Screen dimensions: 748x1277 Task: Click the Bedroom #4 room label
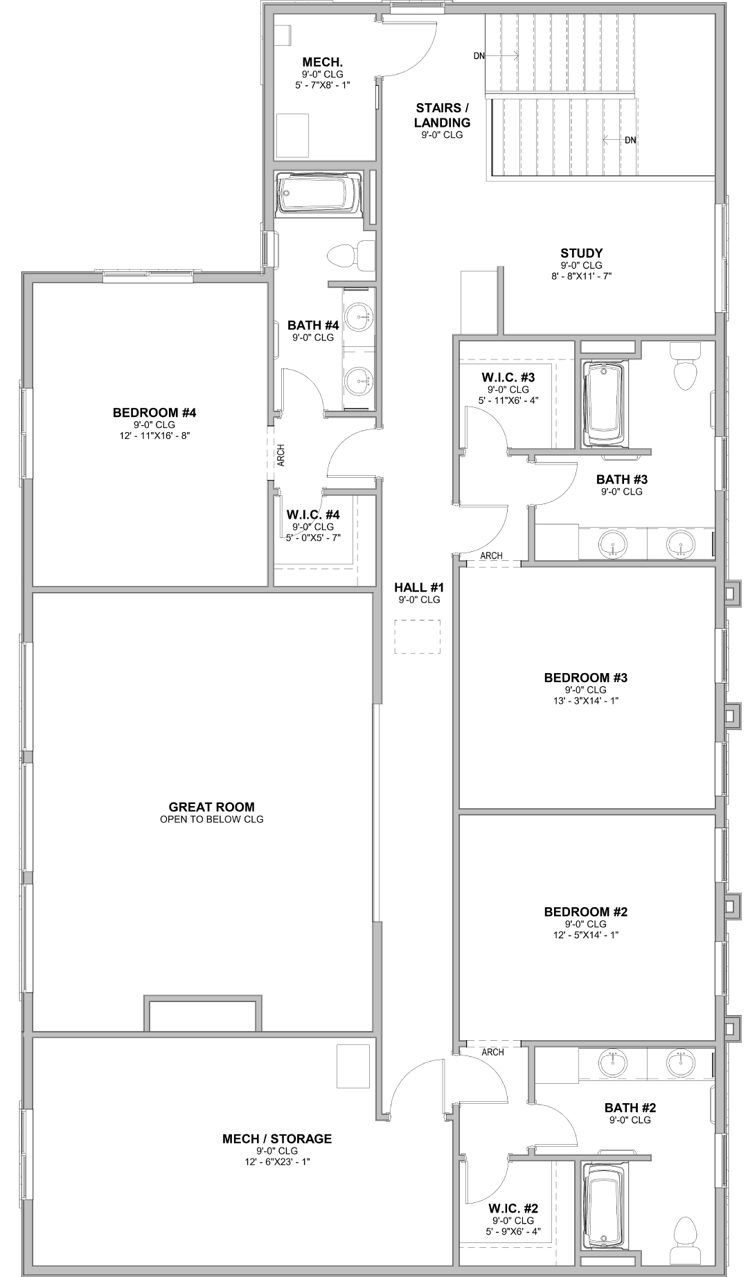coord(154,413)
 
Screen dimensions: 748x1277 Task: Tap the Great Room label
coord(212,807)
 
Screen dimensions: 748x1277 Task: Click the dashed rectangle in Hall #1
coord(418,637)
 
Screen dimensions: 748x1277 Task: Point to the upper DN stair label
coord(479,56)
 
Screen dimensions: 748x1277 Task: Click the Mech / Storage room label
coord(277,1138)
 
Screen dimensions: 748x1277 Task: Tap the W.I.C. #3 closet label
coord(508,377)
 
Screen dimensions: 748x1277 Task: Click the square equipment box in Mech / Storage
coord(353,1066)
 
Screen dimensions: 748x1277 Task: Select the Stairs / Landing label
coord(443,115)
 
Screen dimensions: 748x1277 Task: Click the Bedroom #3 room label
coord(586,677)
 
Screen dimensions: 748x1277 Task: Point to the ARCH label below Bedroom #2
coord(492,1052)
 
